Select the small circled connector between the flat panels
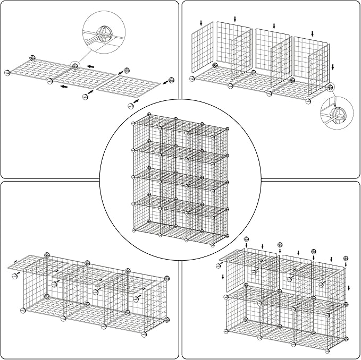click(74, 66)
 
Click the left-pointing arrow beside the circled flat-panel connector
click(91, 66)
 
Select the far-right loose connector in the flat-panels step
click(171, 80)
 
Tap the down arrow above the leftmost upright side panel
click(201, 23)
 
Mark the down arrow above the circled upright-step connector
click(333, 67)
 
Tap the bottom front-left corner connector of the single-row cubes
click(23, 311)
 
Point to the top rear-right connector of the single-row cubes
click(167, 278)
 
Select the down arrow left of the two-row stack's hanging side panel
click(222, 277)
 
